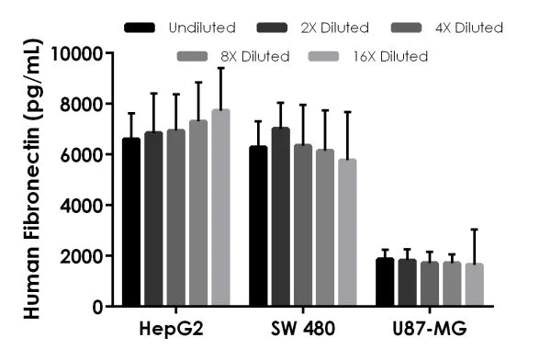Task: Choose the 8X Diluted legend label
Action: [255, 57]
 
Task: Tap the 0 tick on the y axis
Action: [102, 306]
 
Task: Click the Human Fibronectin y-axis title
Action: [31, 179]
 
